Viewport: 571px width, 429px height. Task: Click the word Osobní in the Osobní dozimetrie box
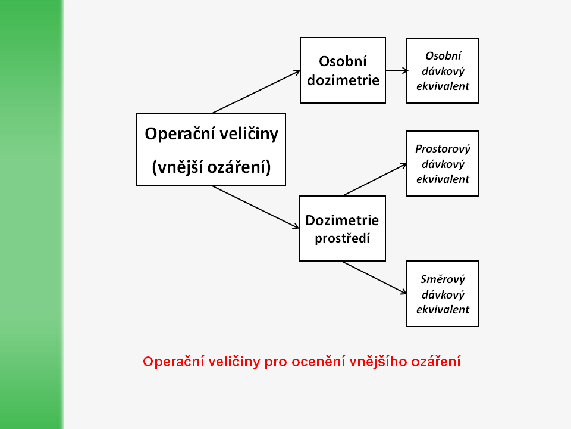[x=343, y=61]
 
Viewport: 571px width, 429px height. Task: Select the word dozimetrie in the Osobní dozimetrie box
[x=343, y=80]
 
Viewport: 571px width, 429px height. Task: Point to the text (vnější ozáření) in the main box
[x=211, y=167]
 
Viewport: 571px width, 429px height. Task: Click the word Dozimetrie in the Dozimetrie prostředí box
[x=342, y=220]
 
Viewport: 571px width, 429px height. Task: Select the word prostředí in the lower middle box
[x=342, y=239]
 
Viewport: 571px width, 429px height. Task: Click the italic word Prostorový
[x=443, y=149]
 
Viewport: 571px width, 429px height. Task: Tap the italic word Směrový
[x=443, y=279]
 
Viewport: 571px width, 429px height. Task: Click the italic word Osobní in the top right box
[x=443, y=55]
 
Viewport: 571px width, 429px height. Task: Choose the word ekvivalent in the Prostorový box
[x=443, y=179]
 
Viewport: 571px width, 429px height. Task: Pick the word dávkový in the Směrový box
[x=443, y=294]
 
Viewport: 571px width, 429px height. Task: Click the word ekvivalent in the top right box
[x=443, y=86]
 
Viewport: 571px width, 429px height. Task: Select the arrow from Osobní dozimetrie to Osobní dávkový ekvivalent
[x=396, y=70]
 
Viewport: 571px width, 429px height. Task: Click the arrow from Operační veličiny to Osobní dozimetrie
[x=256, y=92]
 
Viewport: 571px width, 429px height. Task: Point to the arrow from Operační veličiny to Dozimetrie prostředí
[x=255, y=206]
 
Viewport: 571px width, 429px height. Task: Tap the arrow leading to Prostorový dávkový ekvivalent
[x=375, y=179]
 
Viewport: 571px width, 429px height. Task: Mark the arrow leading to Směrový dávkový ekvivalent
[x=375, y=278]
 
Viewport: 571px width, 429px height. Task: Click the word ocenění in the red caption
[x=318, y=362]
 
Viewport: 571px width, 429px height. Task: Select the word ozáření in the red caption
[x=437, y=362]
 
